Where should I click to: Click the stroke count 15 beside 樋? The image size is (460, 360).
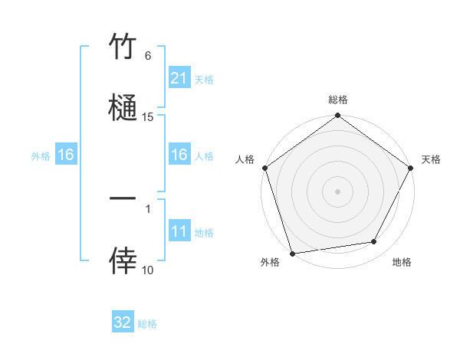148,116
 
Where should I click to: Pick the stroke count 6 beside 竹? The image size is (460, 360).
148,56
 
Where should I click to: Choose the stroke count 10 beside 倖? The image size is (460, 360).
148,270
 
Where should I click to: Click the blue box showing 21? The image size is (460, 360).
179,78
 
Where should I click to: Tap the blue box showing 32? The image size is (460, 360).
123,322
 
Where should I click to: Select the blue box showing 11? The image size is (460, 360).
179,231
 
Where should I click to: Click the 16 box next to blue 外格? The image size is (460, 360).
66,155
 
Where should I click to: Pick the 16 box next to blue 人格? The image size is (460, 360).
179,155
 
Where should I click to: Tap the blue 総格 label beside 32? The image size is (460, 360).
147,324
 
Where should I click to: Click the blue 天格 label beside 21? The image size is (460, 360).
204,79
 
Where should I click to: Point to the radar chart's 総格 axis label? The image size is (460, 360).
338,100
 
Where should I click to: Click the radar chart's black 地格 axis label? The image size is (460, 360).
402,262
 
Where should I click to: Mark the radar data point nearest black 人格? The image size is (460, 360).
264,168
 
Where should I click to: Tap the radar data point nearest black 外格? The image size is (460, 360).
292,253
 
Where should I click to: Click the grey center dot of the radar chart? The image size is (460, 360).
338,191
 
